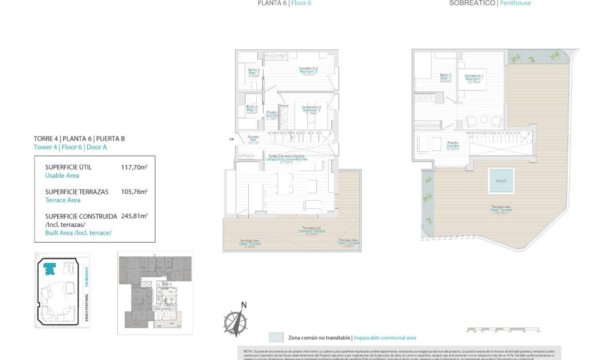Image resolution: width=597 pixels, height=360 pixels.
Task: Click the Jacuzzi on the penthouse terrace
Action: [x=501, y=181]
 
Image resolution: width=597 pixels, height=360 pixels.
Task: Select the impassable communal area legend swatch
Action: [x=276, y=338]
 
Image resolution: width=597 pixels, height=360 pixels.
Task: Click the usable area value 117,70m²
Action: [x=134, y=167]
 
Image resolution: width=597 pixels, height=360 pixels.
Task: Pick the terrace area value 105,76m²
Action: [x=134, y=192]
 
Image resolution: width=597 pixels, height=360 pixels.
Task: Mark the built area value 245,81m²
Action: [x=134, y=216]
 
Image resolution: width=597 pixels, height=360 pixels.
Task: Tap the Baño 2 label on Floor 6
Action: [x=254, y=73]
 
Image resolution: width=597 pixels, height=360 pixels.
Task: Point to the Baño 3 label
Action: [x=252, y=109]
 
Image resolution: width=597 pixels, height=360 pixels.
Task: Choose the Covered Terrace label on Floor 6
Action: [x=312, y=232]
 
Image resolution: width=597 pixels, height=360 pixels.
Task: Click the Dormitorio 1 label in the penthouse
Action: [x=474, y=79]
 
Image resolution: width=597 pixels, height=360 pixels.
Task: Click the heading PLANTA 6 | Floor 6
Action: [x=284, y=3]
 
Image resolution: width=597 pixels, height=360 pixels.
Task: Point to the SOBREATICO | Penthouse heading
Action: [x=490, y=3]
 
